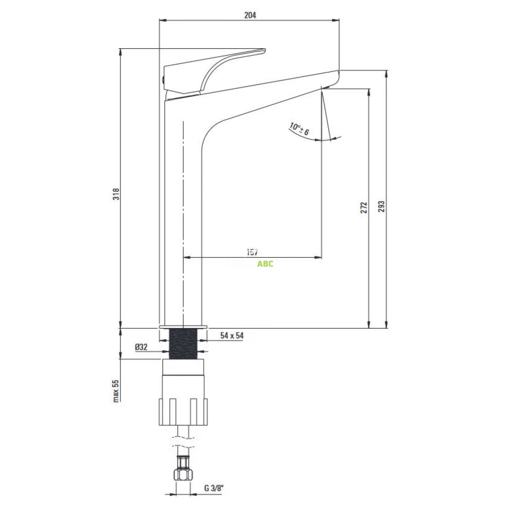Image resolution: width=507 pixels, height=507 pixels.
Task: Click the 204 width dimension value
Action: click(250, 15)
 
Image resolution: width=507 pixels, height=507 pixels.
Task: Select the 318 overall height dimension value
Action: click(116, 194)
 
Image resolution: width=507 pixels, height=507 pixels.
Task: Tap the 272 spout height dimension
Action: click(363, 207)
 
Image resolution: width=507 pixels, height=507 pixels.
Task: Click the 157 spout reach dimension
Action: click(252, 252)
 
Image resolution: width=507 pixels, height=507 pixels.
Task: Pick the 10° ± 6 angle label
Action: click(300, 129)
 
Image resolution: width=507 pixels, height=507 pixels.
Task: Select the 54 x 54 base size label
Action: click(232, 335)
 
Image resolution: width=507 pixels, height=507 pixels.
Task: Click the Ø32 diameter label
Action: click(141, 347)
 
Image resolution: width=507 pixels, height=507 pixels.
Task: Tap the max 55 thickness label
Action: click(116, 391)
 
